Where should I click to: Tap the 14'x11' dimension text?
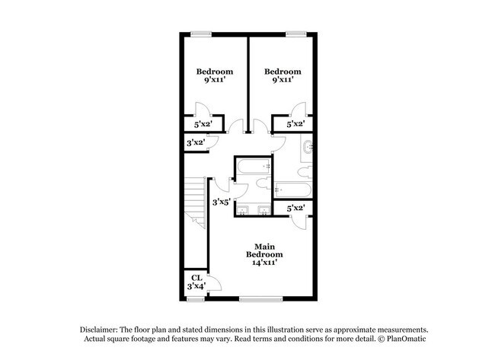(x=264, y=263)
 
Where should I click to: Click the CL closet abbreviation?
(x=196, y=278)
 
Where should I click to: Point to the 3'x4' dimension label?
(x=196, y=287)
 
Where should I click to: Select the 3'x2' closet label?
(x=196, y=142)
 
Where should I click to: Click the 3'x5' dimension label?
(x=221, y=202)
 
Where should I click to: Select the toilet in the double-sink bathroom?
(x=261, y=183)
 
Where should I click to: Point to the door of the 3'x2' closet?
(x=214, y=139)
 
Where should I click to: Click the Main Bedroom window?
(x=260, y=298)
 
